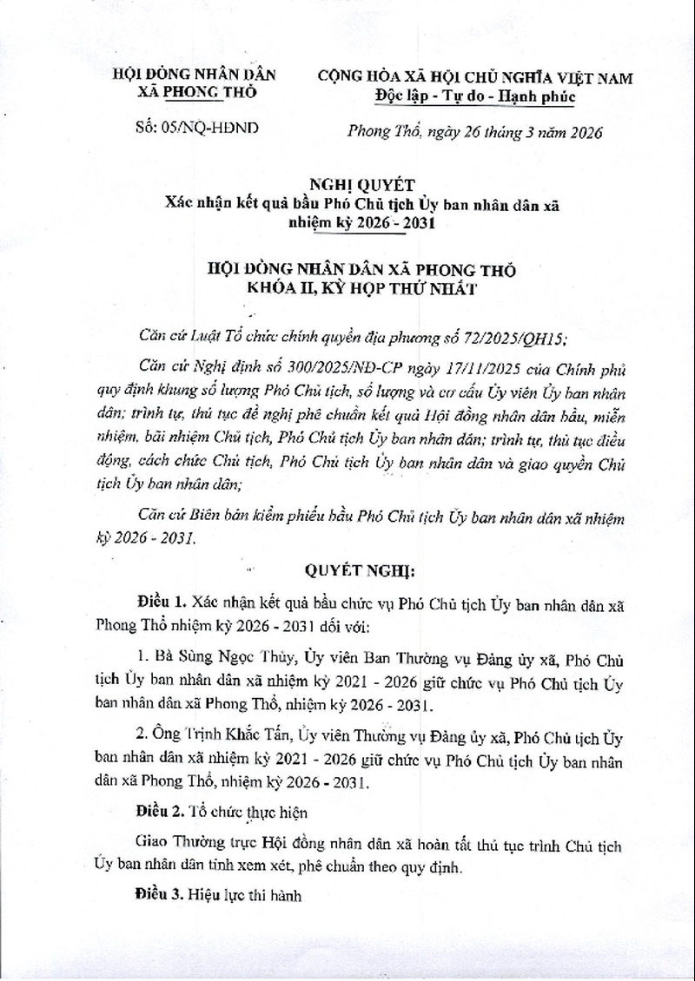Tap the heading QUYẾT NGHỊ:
pos(347,573)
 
